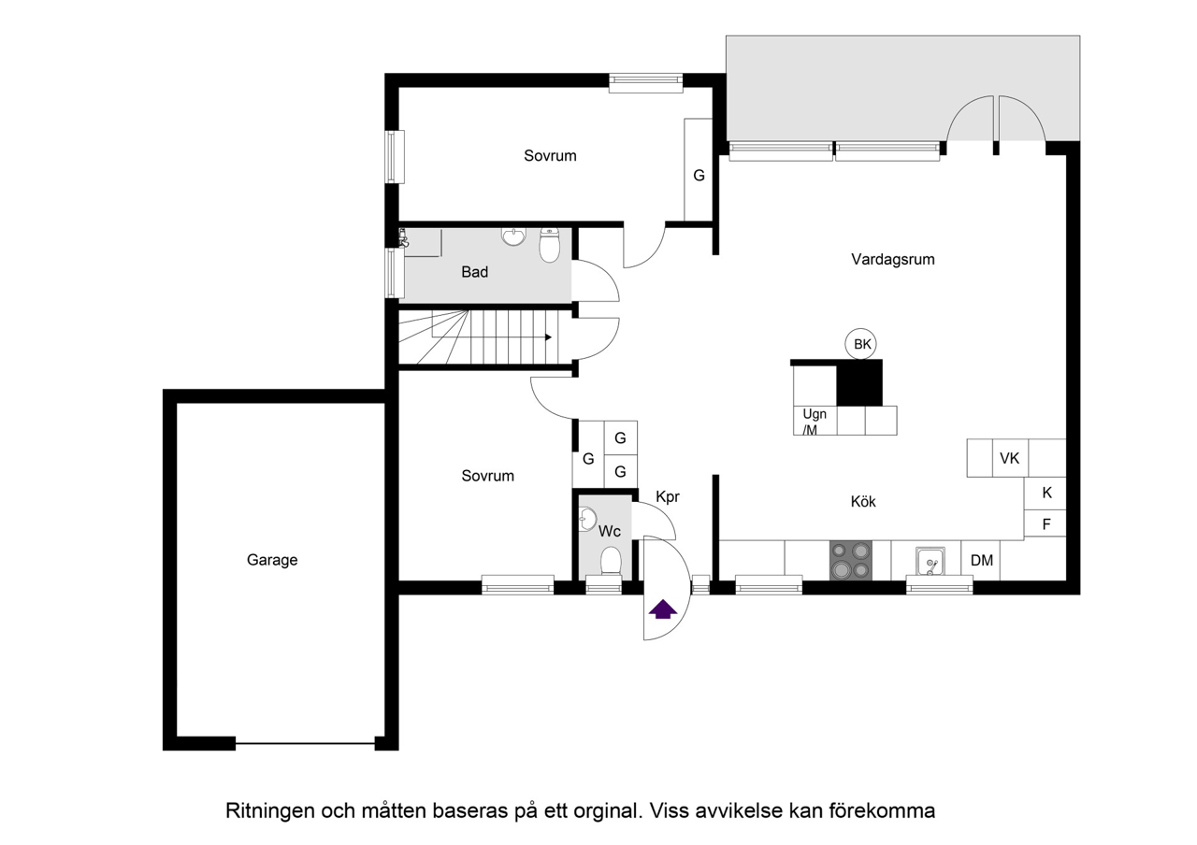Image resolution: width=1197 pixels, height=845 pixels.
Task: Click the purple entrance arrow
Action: click(x=663, y=609)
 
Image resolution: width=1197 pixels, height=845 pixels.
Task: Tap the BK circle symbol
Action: click(x=861, y=344)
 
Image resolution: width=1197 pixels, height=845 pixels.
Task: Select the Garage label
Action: click(x=272, y=560)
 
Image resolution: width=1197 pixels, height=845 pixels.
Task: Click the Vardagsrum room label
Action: click(x=893, y=259)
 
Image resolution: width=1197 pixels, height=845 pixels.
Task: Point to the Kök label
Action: click(x=863, y=502)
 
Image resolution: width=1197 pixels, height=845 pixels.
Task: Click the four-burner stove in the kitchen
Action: click(x=851, y=560)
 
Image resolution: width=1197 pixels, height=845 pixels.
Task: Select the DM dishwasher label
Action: click(x=982, y=560)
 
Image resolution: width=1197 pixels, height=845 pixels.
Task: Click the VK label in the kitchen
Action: click(x=1009, y=458)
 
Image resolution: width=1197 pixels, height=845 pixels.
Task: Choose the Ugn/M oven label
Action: click(x=815, y=422)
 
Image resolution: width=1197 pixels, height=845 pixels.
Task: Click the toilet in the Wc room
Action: click(x=611, y=562)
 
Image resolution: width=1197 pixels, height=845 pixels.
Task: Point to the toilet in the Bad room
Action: click(x=549, y=245)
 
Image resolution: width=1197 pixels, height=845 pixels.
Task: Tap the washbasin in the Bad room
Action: click(x=514, y=236)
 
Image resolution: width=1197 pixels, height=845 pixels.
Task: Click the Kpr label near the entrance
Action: click(x=668, y=496)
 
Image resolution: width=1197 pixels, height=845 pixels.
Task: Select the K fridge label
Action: click(x=1046, y=493)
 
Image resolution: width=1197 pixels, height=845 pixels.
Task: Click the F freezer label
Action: click(x=1046, y=524)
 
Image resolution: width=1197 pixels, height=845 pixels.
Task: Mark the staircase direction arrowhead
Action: click(x=548, y=337)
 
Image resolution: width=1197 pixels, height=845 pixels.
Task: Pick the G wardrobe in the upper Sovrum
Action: click(x=699, y=169)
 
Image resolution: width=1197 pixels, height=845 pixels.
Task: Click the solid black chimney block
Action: click(x=859, y=382)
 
